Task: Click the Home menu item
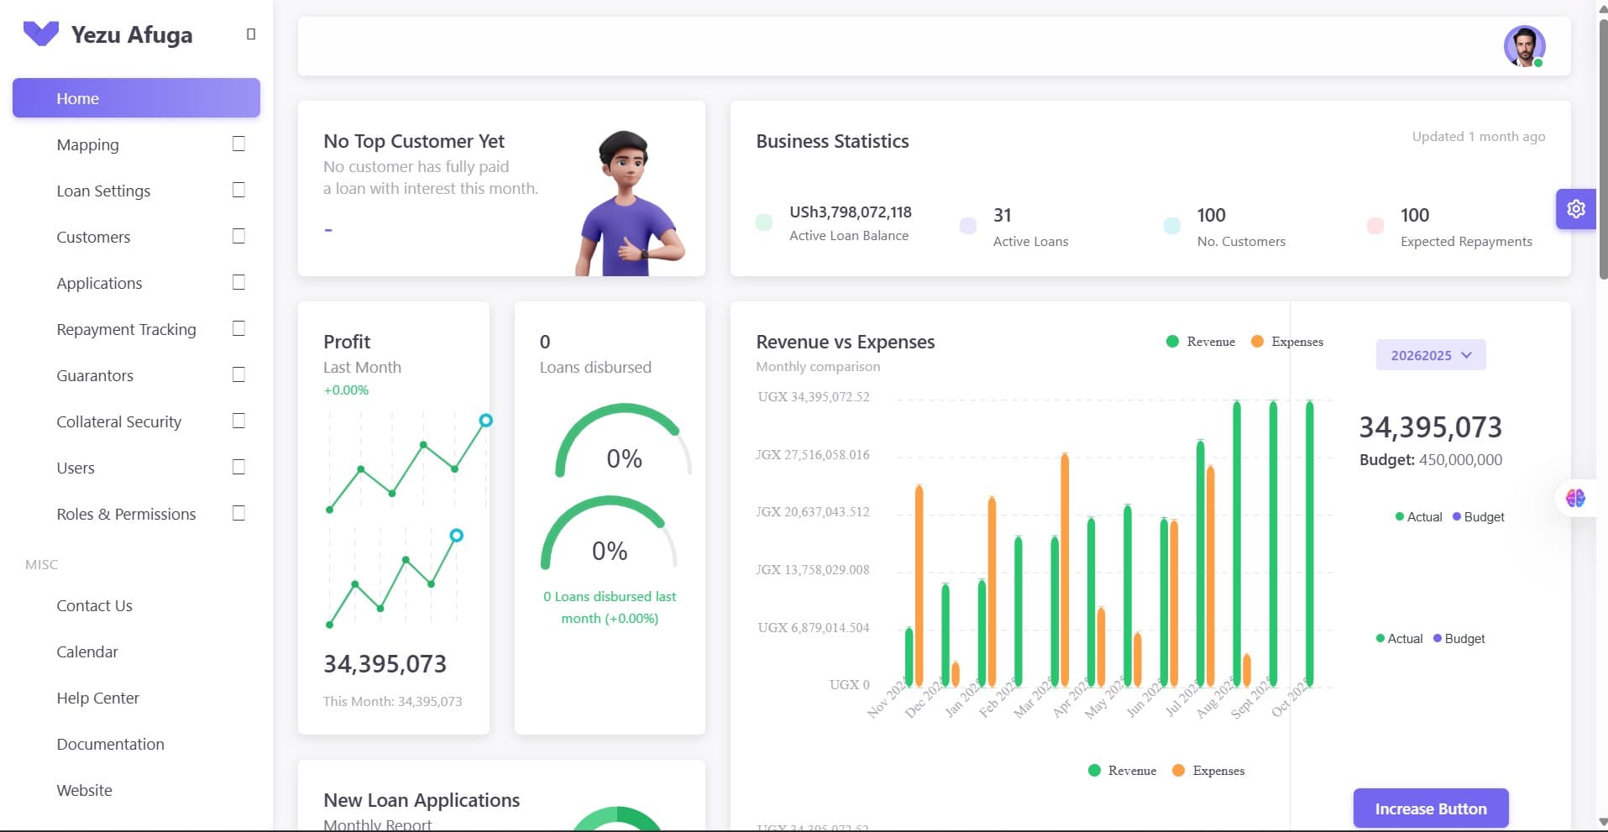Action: tap(77, 98)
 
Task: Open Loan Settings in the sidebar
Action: tap(103, 191)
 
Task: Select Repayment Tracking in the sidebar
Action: tap(126, 329)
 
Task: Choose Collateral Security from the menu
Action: tap(118, 421)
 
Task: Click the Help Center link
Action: tap(97, 698)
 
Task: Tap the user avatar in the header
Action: tap(1524, 46)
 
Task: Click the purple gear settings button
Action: tap(1575, 209)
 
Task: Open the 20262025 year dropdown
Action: tap(1430, 355)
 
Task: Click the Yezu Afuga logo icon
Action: tap(40, 34)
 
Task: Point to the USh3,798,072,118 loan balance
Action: tap(850, 212)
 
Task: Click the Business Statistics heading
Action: tap(832, 141)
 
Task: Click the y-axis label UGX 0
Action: tap(849, 684)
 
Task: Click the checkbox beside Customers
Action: tap(238, 236)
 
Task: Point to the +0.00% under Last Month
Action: tap(346, 390)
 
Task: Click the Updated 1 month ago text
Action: tap(1478, 136)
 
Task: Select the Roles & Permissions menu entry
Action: tap(126, 514)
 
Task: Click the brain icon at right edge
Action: tap(1575, 498)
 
